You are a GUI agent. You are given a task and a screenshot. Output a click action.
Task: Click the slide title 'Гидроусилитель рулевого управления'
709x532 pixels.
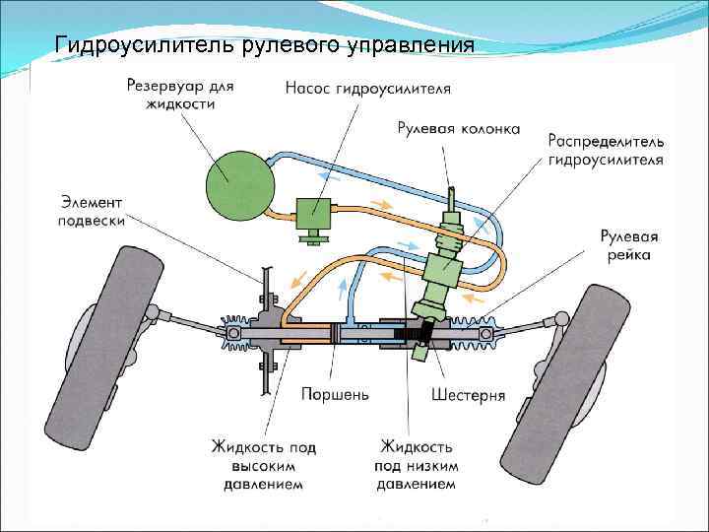264,45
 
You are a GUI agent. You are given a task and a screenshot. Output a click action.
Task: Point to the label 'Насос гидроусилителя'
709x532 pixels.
368,89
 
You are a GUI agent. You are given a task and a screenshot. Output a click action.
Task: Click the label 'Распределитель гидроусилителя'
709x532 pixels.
605,150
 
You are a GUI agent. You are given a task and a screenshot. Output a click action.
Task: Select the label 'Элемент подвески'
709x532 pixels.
92,211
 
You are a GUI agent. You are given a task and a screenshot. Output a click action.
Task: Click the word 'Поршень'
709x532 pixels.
335,395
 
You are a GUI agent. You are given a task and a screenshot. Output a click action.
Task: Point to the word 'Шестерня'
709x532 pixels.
469,395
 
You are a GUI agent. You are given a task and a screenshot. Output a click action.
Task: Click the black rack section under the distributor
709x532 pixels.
407,334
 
